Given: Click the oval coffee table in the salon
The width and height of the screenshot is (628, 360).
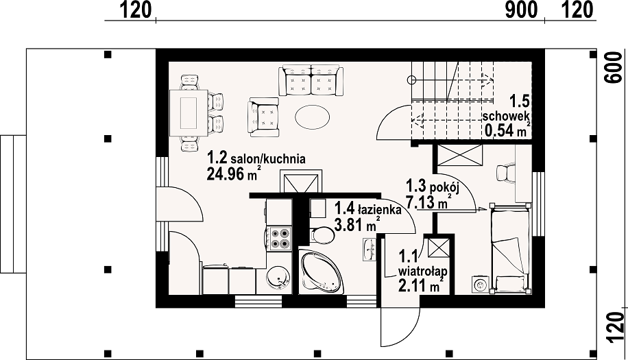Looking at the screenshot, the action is click(313, 117).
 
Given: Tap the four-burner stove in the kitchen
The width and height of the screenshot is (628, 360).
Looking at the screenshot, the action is click(280, 238).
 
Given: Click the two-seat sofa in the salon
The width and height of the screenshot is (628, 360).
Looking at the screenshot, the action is click(311, 80).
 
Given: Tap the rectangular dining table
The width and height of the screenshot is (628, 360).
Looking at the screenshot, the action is click(189, 114).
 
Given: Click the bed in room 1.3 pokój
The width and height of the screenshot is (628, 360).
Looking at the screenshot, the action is click(510, 248).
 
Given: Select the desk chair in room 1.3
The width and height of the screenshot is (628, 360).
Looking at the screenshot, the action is click(505, 173).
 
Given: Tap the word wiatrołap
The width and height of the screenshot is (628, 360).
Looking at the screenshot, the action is click(422, 272).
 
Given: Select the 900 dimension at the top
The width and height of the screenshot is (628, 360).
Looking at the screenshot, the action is click(521, 10).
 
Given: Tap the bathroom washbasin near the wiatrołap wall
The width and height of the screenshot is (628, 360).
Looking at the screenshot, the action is click(370, 249).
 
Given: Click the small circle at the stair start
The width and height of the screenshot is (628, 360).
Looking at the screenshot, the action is click(411, 80).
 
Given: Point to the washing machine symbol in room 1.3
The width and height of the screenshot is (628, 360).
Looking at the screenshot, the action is click(479, 285).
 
